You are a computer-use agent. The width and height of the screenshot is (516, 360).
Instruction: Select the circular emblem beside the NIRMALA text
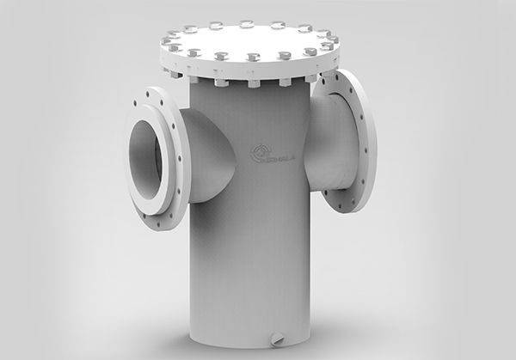[x=256, y=153]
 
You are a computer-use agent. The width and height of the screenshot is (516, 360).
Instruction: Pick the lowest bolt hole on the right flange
[x=350, y=204]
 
